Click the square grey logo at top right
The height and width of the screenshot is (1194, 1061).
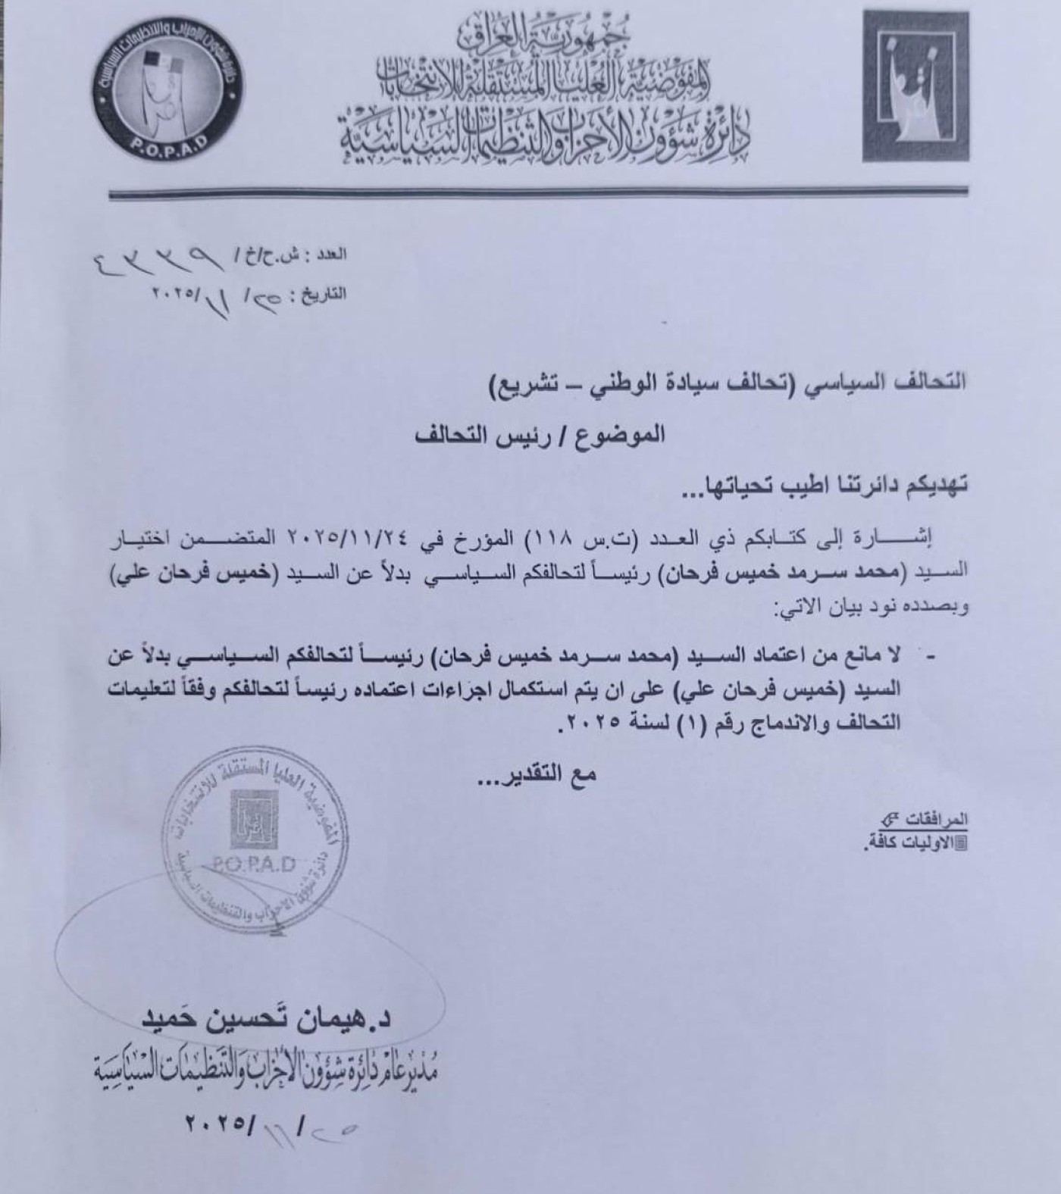(x=915, y=86)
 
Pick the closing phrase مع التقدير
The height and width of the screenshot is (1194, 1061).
(x=541, y=774)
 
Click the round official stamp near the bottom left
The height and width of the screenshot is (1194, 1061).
(x=255, y=834)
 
